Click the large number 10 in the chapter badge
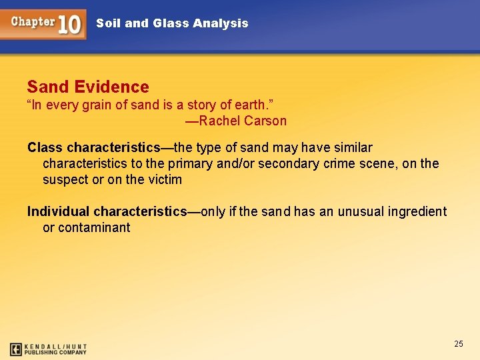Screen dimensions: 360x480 click(x=69, y=25)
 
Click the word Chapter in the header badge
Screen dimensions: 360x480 click(x=33, y=21)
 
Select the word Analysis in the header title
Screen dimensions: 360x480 click(x=220, y=23)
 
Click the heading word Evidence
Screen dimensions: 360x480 click(x=112, y=87)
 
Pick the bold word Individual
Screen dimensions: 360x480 click(x=58, y=212)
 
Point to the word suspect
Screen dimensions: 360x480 click(x=65, y=180)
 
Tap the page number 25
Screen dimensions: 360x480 click(x=458, y=344)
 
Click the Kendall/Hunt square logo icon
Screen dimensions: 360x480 click(x=16, y=349)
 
